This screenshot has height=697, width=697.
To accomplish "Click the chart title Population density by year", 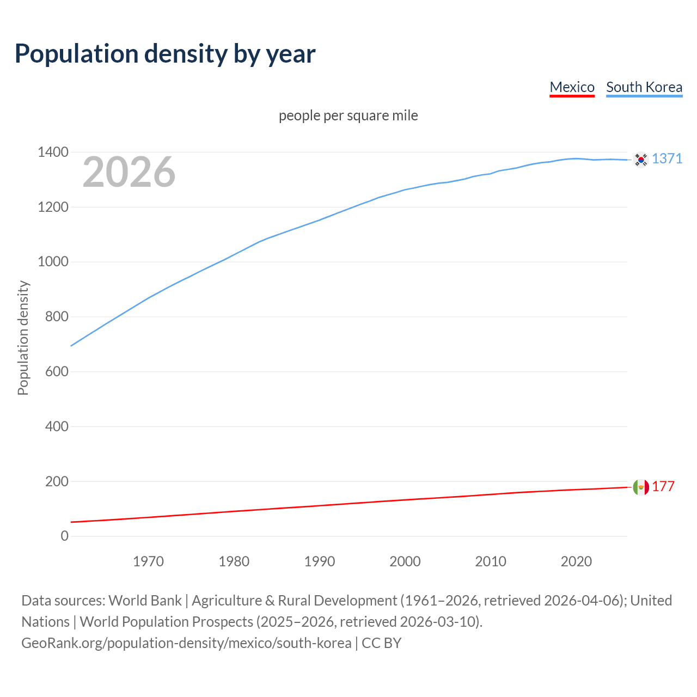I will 165,54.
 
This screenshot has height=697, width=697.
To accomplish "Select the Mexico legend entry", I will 572,87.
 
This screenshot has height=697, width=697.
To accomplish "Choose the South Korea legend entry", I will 644,87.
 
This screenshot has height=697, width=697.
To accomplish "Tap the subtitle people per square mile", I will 348,115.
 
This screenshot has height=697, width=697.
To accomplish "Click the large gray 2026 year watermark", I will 129,172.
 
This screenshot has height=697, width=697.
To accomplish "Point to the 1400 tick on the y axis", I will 53,152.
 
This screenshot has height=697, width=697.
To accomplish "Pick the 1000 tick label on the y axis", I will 53,262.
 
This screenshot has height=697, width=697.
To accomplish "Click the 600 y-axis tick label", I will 57,372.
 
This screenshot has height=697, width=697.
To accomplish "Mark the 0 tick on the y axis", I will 65,536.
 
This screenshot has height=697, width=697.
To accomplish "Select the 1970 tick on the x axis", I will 148,561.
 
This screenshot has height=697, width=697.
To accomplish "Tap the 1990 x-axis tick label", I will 320,561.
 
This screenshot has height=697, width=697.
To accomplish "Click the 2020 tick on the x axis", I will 576,561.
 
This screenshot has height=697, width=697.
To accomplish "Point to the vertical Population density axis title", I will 23,338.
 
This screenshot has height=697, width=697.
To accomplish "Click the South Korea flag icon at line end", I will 641,160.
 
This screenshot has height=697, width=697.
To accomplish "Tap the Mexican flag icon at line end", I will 641,487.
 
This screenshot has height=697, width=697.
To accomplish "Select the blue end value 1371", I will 667,158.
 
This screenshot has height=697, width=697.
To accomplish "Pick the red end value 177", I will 663,487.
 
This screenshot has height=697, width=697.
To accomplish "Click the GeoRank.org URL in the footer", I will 186,643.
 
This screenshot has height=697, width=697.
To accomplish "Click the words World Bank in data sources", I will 145,601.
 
